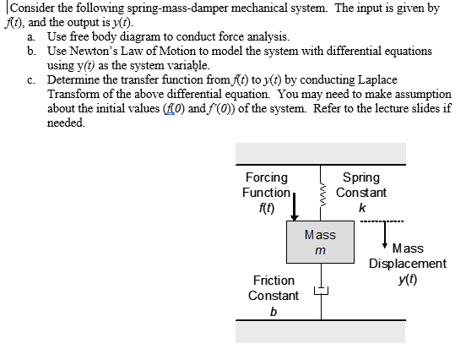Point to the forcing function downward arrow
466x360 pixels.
[295, 206]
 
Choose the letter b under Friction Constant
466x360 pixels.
[273, 311]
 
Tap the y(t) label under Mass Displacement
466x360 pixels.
[408, 279]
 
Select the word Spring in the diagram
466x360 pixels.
[361, 177]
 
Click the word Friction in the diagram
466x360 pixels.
[274, 280]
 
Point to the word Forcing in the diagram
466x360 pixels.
[266, 177]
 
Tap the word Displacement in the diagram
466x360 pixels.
[408, 264]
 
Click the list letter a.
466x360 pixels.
[30, 37]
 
